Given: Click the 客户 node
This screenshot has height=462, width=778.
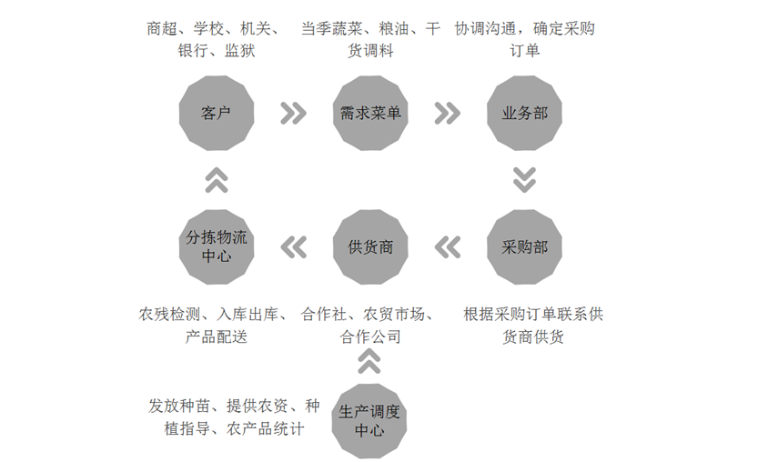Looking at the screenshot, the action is click(217, 113).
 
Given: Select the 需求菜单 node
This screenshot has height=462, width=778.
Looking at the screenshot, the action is click(370, 113).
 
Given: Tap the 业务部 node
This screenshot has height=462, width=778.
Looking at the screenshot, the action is click(524, 113).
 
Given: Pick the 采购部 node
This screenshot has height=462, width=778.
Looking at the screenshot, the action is click(524, 246).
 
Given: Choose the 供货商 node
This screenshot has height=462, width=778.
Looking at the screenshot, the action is click(370, 246).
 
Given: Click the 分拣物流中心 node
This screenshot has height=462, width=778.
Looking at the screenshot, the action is click(217, 246).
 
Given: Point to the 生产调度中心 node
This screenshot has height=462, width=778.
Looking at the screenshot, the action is click(369, 421).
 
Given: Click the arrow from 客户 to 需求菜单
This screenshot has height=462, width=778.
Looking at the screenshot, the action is click(293, 113).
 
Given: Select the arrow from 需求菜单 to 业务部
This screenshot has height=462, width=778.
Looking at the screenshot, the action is click(447, 113).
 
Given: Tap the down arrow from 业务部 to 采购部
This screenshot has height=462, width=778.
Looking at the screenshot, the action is click(524, 180).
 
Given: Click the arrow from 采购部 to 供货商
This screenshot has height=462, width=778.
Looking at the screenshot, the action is click(448, 247).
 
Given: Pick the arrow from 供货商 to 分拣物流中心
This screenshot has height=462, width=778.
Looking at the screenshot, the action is click(294, 247).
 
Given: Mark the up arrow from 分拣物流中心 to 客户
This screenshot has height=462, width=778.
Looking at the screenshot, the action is click(217, 180).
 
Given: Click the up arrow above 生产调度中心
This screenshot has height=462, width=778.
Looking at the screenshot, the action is click(369, 361).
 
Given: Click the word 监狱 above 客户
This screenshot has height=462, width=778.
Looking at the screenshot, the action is click(240, 51).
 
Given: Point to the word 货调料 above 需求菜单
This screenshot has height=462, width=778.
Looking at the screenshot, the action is click(370, 51).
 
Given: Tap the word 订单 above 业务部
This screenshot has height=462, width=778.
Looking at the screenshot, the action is click(524, 51).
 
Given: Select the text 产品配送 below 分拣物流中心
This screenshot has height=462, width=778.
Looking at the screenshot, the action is click(217, 337).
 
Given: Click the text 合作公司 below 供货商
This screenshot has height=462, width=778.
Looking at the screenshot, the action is click(370, 337).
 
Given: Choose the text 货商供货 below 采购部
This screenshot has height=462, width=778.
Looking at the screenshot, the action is click(533, 337).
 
